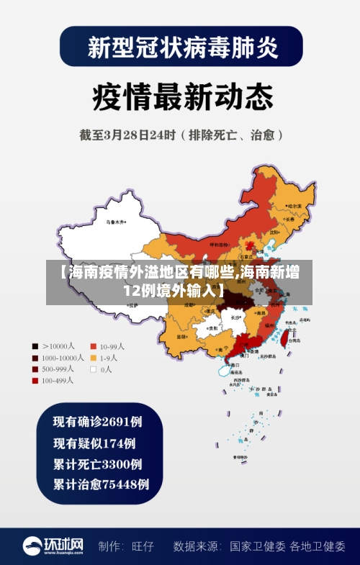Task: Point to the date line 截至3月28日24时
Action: click(180, 135)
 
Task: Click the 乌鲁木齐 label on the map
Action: click(115, 222)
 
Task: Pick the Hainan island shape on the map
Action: click(222, 370)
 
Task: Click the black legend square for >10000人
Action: click(35, 345)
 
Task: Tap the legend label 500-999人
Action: click(58, 369)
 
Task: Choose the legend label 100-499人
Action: click(58, 381)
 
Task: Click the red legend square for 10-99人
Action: click(93, 345)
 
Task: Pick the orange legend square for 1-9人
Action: click(93, 358)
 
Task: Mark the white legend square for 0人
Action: click(93, 369)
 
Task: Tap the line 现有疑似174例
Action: click(94, 443)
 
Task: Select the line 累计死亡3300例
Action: click(98, 464)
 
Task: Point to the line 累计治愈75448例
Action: click(102, 484)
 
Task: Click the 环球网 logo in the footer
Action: click(53, 546)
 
